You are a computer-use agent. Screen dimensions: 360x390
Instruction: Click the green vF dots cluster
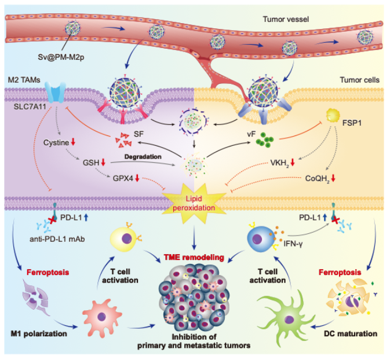click(267, 141)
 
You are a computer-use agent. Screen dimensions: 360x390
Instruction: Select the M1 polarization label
click(42, 335)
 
